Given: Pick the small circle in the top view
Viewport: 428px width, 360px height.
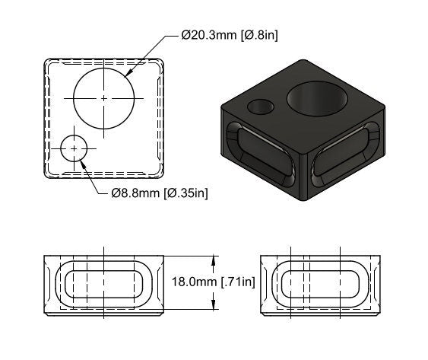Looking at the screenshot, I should [x=74, y=148].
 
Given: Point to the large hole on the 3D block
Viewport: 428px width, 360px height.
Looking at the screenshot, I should [x=317, y=100].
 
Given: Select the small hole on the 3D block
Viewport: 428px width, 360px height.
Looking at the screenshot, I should [x=261, y=106].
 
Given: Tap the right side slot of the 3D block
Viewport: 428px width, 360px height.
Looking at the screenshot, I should [x=347, y=157].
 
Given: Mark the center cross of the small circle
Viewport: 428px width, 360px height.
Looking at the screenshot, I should [x=74, y=148].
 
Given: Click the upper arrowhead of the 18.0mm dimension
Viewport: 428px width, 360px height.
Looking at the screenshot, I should [x=215, y=260].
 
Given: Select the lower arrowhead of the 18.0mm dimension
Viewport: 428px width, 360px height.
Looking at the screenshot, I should [x=215, y=307].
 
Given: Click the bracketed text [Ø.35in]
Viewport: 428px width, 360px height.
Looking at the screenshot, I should [x=186, y=193].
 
